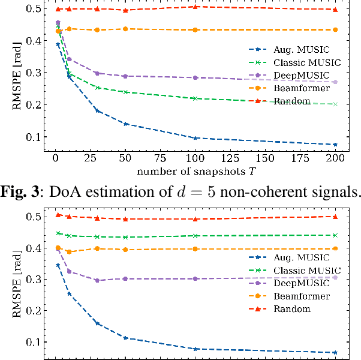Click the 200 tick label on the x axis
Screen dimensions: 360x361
pos(335,158)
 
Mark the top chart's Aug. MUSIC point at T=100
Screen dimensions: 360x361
pos(195,138)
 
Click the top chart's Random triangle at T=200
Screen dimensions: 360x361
pos(335,10)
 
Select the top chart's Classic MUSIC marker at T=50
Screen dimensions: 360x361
pos(125,92)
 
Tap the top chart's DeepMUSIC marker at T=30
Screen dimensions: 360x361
pos(97,73)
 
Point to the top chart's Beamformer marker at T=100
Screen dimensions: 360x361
pos(195,29)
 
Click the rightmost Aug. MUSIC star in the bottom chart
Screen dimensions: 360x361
pos(335,352)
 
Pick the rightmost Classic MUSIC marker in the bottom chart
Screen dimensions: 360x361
pos(335,235)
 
